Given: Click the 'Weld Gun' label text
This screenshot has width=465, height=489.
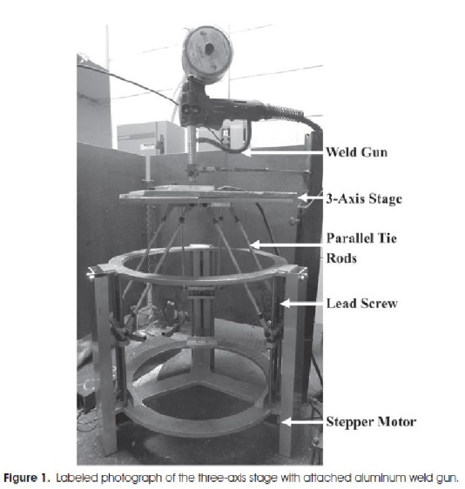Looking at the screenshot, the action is (357, 152).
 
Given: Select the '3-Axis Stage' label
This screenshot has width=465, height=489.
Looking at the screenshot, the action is (364, 198).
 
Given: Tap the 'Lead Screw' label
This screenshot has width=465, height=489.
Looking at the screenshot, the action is (362, 304).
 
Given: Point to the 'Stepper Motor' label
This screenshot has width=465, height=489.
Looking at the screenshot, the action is (371, 422).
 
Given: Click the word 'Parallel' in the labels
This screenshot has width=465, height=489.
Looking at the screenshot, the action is (350, 238).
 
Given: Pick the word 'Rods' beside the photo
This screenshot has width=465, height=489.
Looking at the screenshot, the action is (341, 258).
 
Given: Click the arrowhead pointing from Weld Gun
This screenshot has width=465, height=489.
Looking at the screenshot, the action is (246, 152).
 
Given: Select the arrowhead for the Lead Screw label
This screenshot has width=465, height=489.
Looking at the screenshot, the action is (285, 303).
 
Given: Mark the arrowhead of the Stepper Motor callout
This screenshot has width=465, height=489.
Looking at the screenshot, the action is (286, 422).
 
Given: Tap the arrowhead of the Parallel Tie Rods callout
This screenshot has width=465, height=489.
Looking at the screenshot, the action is (254, 244).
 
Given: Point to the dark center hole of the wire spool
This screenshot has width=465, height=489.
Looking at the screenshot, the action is (208, 49).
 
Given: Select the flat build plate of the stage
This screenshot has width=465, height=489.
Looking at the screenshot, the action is (208, 196).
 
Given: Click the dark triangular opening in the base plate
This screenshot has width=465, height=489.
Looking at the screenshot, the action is (198, 402).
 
